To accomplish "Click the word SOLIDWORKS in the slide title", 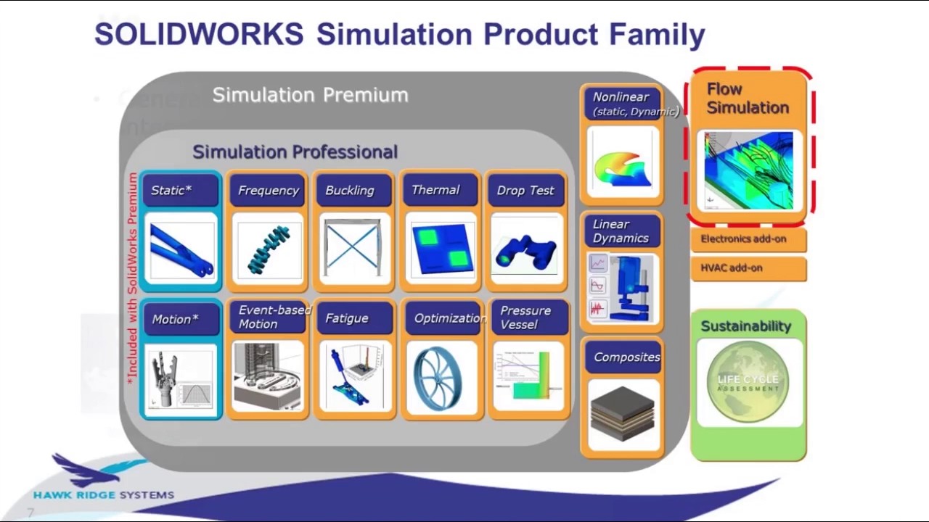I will (x=199, y=35).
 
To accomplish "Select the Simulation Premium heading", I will (x=310, y=95).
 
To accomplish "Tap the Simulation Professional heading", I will (x=295, y=152).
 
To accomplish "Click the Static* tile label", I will (x=172, y=191).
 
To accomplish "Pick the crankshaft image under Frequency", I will (x=268, y=249).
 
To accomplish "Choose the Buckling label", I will (x=350, y=191).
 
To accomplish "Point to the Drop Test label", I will (x=525, y=191).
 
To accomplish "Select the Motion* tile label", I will (x=175, y=320).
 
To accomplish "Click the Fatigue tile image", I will (x=353, y=376).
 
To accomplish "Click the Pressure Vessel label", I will (x=525, y=318).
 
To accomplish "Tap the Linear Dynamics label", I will (x=621, y=231).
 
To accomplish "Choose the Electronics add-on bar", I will (x=748, y=239).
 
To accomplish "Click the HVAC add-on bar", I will (x=748, y=268).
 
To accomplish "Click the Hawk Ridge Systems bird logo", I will (x=91, y=470).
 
